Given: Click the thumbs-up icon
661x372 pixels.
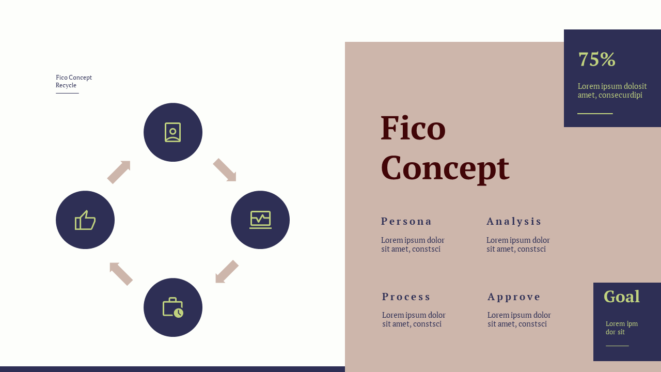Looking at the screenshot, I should point(85,220).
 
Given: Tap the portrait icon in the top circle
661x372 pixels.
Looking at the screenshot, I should point(173,132).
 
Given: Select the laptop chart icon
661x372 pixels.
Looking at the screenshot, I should point(260,220).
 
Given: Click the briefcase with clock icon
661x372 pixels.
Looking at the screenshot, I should point(173,307).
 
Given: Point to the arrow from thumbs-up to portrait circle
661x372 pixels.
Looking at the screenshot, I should point(119,172).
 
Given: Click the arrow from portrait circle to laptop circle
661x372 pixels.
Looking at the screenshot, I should point(225,170).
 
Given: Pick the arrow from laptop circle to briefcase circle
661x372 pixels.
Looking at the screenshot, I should point(227,272).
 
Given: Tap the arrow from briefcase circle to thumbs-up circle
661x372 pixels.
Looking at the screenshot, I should point(121,273).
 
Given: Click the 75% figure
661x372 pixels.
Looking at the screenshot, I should point(596,59).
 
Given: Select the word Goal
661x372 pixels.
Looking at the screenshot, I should point(622,297).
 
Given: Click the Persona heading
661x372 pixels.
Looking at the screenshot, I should point(406,221).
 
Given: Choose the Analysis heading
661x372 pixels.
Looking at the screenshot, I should point(514,221).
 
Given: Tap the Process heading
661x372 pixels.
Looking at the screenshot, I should point(406,297).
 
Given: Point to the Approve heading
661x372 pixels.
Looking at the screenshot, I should point(514,297).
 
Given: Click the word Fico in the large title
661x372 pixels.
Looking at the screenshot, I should point(413,128).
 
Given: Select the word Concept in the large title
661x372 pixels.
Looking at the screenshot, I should point(445,168).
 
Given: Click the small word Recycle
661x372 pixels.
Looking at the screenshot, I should point(66,85).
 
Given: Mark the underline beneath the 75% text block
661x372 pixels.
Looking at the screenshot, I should point(595,114).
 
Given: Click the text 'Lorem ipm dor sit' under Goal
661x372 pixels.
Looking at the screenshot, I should point(621,328).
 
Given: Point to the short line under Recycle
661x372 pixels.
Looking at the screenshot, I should point(67,93).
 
